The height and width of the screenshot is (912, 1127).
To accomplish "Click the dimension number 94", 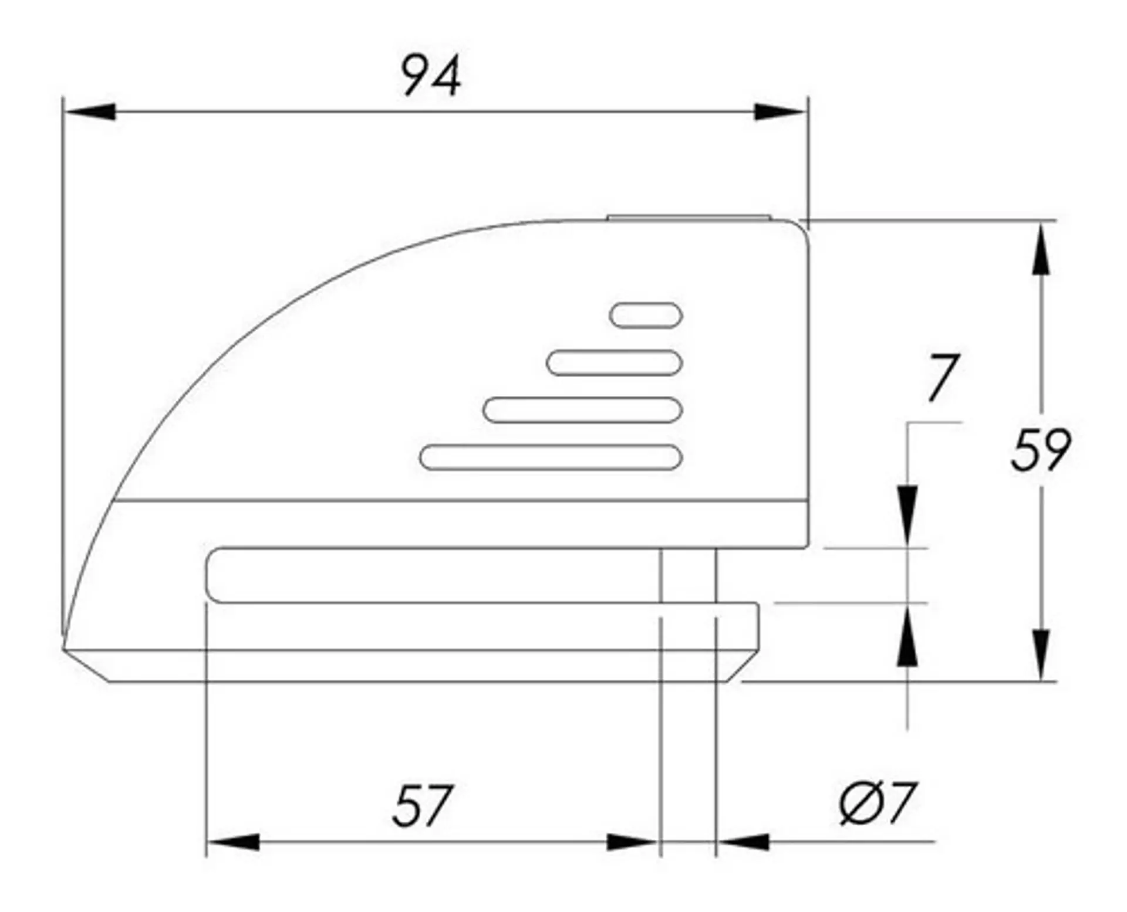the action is coord(431,75).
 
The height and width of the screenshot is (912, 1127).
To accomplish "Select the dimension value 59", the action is coord(1041,450).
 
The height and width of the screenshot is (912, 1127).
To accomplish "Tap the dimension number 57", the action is coord(423,806).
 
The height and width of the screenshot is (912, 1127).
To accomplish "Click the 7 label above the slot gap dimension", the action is coord(943,378).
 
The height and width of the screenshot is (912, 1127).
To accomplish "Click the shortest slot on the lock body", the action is coord(646,316).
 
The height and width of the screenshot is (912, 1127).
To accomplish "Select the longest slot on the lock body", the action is coord(551,457).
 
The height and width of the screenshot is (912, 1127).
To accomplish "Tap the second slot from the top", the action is coord(614,362).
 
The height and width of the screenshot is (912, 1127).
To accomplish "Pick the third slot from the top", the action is coord(583,410).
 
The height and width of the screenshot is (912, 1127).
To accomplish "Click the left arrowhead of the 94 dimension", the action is coord(89,111).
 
